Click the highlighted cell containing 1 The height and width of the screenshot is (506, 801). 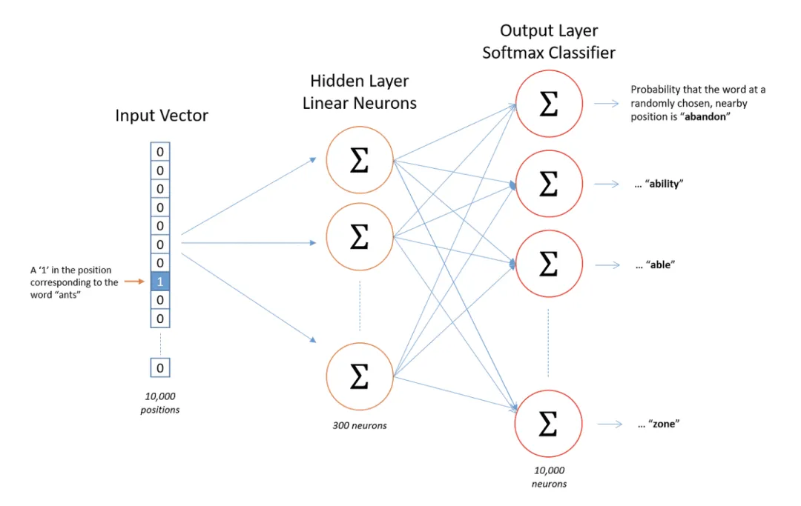pyautogui.click(x=160, y=282)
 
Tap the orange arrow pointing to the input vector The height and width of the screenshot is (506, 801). pyautogui.click(x=133, y=282)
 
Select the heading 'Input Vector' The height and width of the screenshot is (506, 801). pyautogui.click(x=162, y=116)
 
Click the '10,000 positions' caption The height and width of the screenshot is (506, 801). pyautogui.click(x=160, y=403)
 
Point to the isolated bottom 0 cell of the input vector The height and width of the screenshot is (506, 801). pyautogui.click(x=160, y=367)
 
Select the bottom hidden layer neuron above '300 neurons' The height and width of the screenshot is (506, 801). pyautogui.click(x=359, y=376)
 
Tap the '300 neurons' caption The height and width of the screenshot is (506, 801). pyautogui.click(x=359, y=425)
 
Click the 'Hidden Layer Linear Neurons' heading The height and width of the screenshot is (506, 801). pyautogui.click(x=359, y=92)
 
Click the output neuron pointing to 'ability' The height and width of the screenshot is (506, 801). pyautogui.click(x=547, y=184)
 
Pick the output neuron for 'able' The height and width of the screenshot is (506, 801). pyautogui.click(x=547, y=264)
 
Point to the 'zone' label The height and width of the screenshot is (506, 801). pyautogui.click(x=664, y=425)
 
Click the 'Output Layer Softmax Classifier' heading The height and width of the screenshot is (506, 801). pyautogui.click(x=548, y=41)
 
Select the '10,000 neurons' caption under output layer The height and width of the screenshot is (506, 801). pyautogui.click(x=549, y=476)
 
